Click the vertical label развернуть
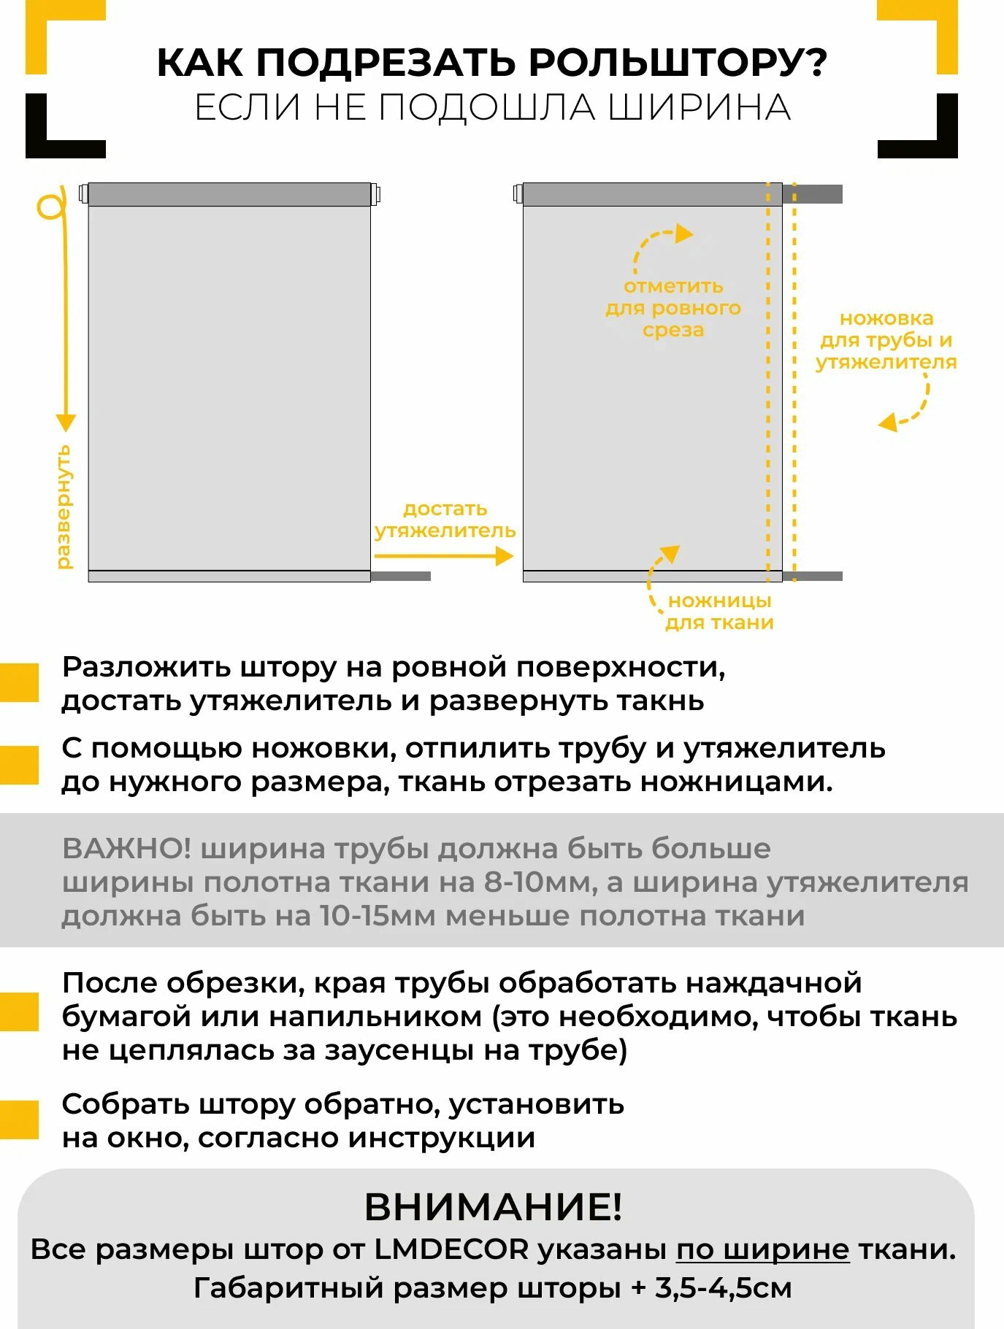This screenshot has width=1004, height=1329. (x=64, y=506)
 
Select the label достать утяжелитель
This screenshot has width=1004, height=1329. (x=445, y=520)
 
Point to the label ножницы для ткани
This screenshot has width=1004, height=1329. (x=719, y=612)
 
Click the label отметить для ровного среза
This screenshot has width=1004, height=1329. (x=672, y=308)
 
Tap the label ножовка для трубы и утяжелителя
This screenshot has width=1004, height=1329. (x=886, y=340)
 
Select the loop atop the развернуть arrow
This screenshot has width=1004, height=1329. (x=50, y=207)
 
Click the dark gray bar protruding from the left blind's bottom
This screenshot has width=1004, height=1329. (x=401, y=577)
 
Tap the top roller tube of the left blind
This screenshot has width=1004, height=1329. (x=229, y=195)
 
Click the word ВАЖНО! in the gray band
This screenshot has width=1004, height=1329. (x=126, y=849)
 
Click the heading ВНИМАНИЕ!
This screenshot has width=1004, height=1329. (x=494, y=1206)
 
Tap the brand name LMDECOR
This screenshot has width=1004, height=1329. (x=451, y=1249)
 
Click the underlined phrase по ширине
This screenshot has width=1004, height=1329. (x=762, y=1249)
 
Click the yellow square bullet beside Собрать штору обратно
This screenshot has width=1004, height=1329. (x=19, y=1120)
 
